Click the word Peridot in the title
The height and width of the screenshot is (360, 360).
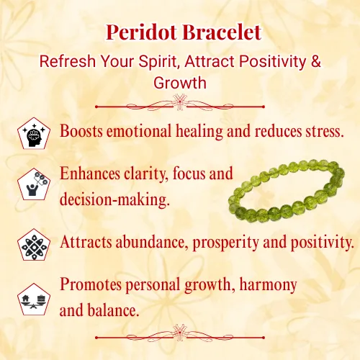142,32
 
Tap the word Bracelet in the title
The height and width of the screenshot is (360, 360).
222,32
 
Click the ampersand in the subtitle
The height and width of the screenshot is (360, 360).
316,61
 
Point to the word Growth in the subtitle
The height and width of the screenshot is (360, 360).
180,83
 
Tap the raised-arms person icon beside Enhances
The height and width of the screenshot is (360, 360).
34,184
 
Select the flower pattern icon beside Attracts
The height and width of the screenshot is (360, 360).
34,245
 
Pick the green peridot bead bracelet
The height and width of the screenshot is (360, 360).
286,191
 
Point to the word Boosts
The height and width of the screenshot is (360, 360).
81,131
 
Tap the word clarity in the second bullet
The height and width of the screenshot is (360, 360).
146,174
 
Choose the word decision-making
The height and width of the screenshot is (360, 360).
114,200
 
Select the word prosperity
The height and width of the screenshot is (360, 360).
225,243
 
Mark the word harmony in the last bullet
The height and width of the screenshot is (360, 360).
269,285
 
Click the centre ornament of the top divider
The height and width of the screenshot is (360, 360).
180,102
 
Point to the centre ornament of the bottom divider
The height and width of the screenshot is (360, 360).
180,333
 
